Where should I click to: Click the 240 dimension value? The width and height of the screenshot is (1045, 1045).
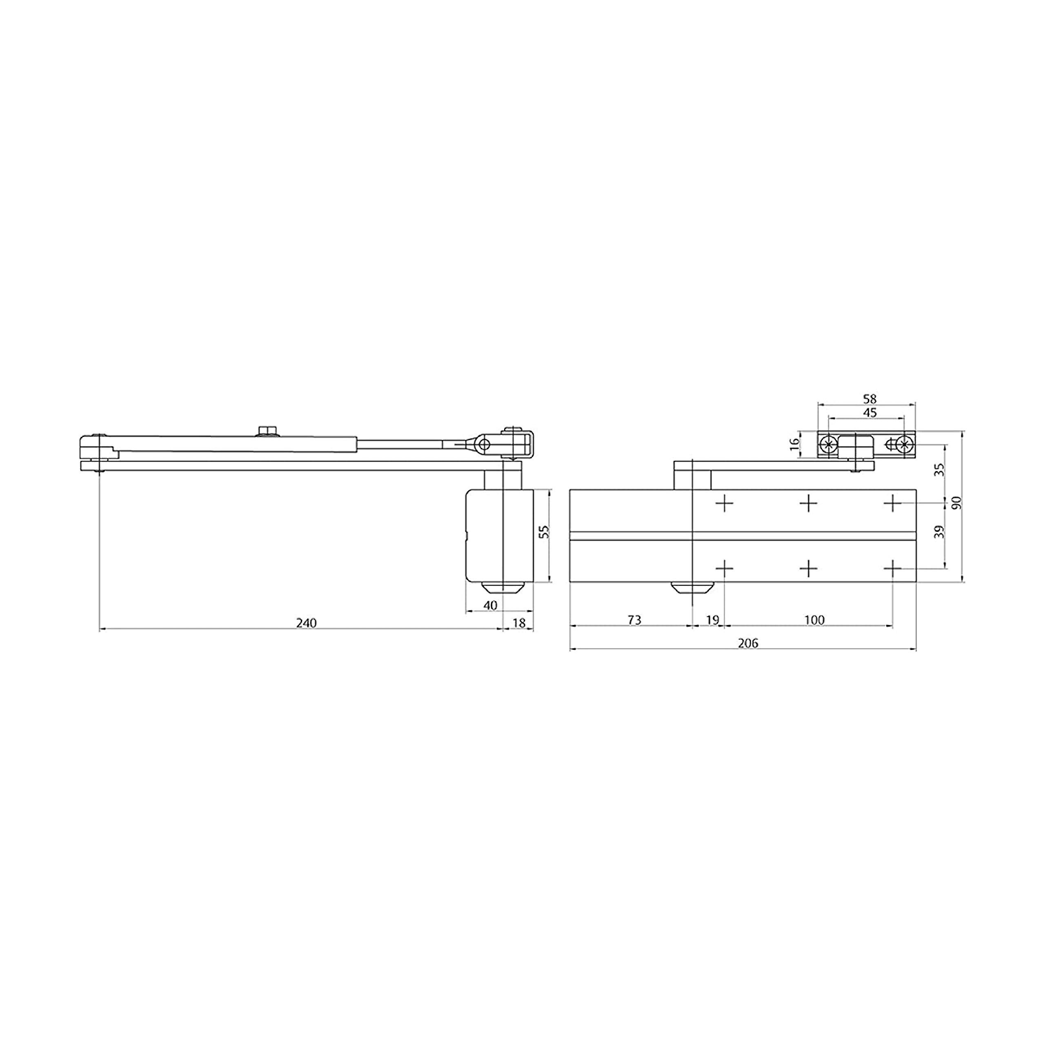pyautogui.click(x=306, y=623)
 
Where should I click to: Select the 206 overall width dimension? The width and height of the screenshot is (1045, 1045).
pyautogui.click(x=748, y=643)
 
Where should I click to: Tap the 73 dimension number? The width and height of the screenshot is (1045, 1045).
pyautogui.click(x=634, y=620)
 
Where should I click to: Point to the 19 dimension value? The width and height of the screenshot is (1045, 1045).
pyautogui.click(x=712, y=620)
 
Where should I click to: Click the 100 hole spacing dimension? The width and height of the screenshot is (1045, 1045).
pyautogui.click(x=814, y=620)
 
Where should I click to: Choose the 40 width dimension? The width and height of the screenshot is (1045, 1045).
pyautogui.click(x=489, y=606)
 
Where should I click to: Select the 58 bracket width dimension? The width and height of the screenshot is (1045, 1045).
pyautogui.click(x=870, y=399)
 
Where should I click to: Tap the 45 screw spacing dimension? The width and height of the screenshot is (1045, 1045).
pyautogui.click(x=870, y=413)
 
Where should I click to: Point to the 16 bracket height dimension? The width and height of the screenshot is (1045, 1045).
pyautogui.click(x=794, y=444)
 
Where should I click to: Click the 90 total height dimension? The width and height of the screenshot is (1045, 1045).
pyautogui.click(x=957, y=502)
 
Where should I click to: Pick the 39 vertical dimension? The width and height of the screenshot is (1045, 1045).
pyautogui.click(x=940, y=532)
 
